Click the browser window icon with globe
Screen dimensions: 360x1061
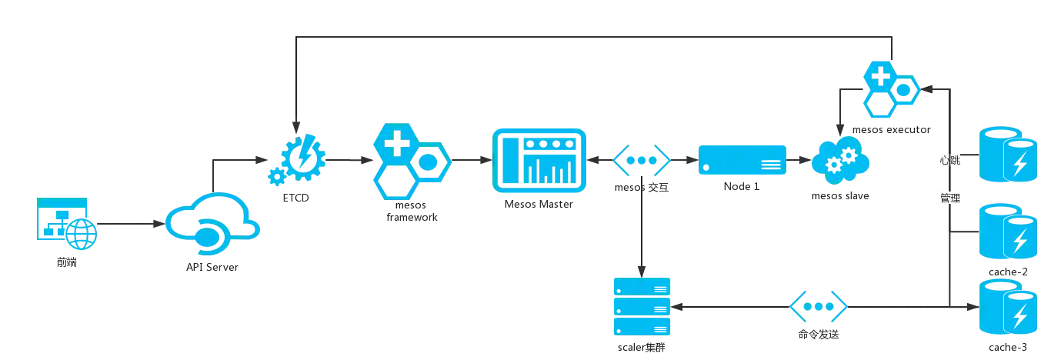coord(64,222)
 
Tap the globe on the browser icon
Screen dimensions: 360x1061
coord(78,232)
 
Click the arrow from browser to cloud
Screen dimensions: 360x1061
coord(127,225)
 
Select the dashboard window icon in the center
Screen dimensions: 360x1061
coord(539,161)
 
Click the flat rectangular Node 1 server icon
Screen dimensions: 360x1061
coord(742,161)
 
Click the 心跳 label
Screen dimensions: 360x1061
coord(949,161)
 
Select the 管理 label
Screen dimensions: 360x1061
coord(949,199)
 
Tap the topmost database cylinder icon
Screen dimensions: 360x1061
coord(1009,156)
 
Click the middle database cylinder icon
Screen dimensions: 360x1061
coord(1009,232)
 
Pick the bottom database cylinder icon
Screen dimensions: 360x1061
coord(1009,307)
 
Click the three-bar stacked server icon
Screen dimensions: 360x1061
coord(640,307)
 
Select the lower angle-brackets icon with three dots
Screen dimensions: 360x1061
coord(818,306)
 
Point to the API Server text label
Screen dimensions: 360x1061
coord(212,267)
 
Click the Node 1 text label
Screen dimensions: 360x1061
coord(741,187)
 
